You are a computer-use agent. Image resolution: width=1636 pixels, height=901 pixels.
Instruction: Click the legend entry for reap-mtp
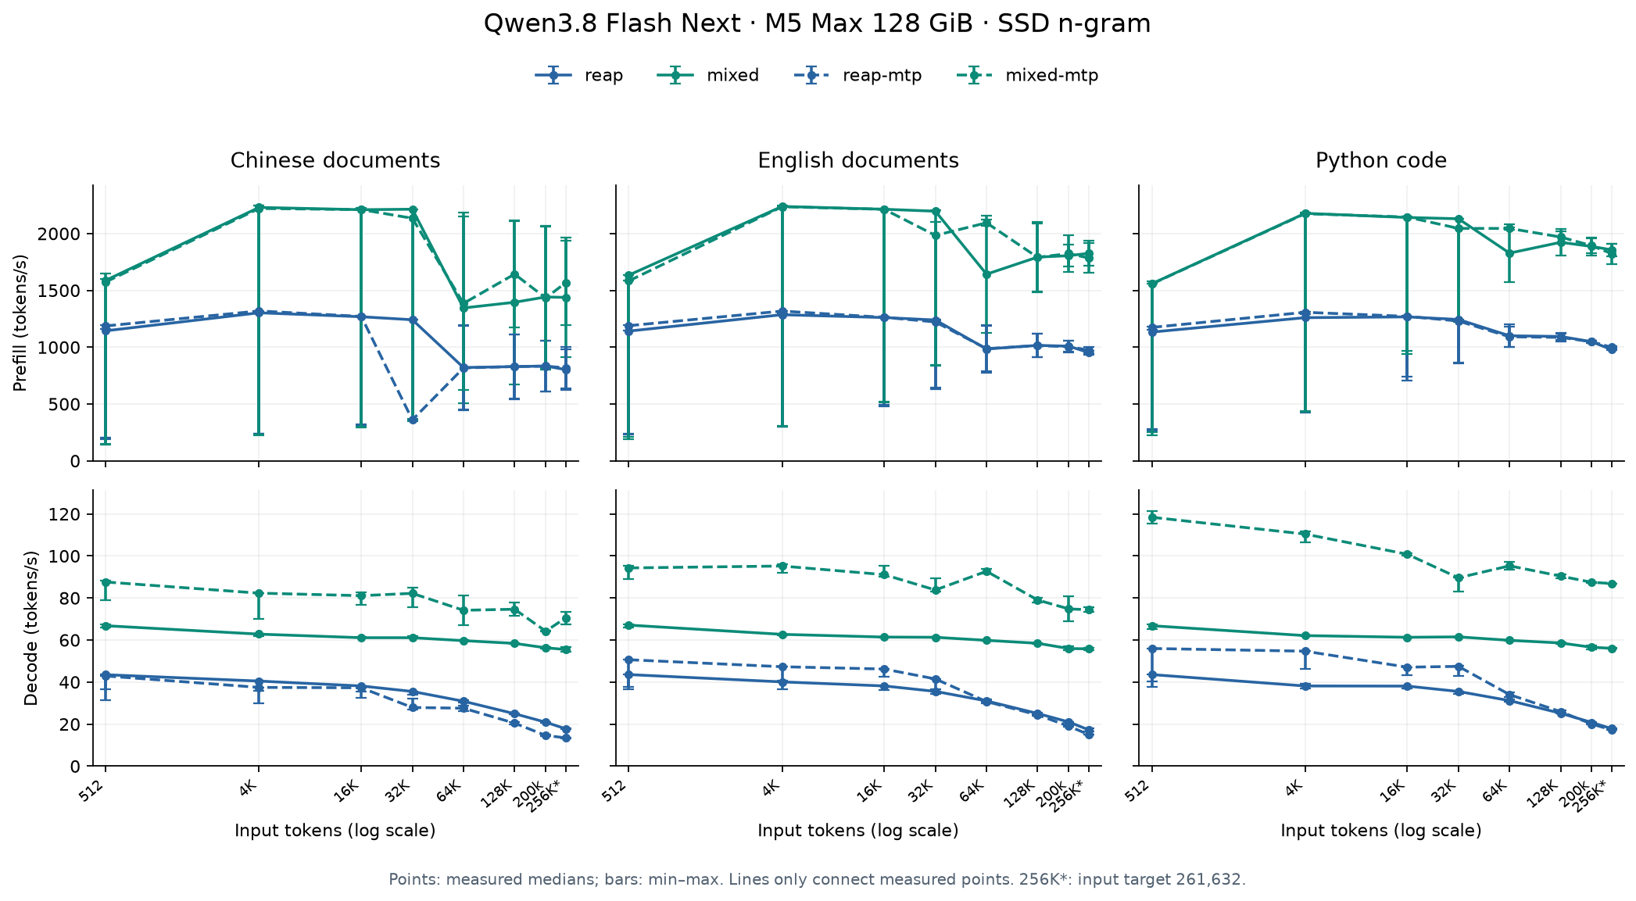pos(857,76)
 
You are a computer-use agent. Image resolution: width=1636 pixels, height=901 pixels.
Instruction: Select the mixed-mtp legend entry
pos(1028,76)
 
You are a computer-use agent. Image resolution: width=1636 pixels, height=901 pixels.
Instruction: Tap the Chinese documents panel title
pos(335,161)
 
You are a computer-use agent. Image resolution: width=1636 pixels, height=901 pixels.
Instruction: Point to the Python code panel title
pos(1381,161)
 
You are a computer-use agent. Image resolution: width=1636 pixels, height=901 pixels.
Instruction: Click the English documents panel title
pos(858,161)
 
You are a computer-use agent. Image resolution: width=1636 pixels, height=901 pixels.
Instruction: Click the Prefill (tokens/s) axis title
pos(21,323)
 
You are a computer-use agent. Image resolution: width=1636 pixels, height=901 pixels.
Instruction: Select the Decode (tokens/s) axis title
pos(31,628)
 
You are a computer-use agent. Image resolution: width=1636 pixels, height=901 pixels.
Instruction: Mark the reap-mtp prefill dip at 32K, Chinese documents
pos(413,420)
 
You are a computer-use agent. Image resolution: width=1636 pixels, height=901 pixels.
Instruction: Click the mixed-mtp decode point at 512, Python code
pos(1151,517)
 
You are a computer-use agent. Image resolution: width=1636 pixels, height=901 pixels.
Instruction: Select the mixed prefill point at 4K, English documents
pos(782,207)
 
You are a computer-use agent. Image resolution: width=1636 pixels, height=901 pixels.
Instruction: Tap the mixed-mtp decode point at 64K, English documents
pos(986,571)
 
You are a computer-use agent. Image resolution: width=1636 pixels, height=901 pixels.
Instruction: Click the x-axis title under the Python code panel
pos(1381,831)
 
